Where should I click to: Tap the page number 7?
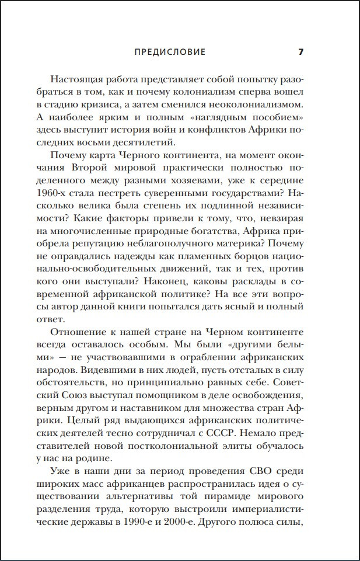pyautogui.click(x=301, y=52)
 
